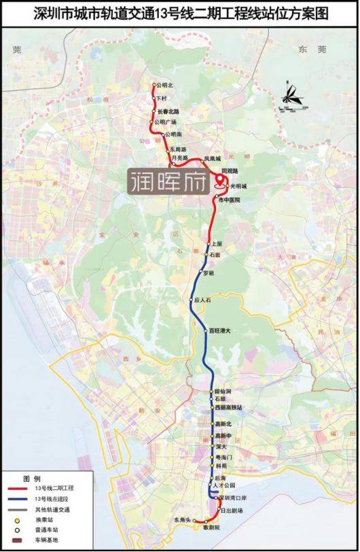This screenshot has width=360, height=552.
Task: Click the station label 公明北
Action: point(165,86)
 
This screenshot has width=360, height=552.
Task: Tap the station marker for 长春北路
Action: point(154,111)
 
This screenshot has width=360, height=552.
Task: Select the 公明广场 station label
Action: point(166,122)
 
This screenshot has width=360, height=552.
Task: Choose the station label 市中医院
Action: point(229,200)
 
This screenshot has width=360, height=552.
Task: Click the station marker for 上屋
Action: point(209,243)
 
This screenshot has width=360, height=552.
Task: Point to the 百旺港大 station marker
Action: point(205,330)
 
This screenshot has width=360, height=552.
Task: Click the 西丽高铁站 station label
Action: point(228,407)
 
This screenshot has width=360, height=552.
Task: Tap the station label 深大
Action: point(220,447)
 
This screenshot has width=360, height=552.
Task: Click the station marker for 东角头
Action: point(195,520)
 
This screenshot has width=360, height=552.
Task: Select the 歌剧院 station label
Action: point(213,528)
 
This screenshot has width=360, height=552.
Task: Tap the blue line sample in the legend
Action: point(21,499)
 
